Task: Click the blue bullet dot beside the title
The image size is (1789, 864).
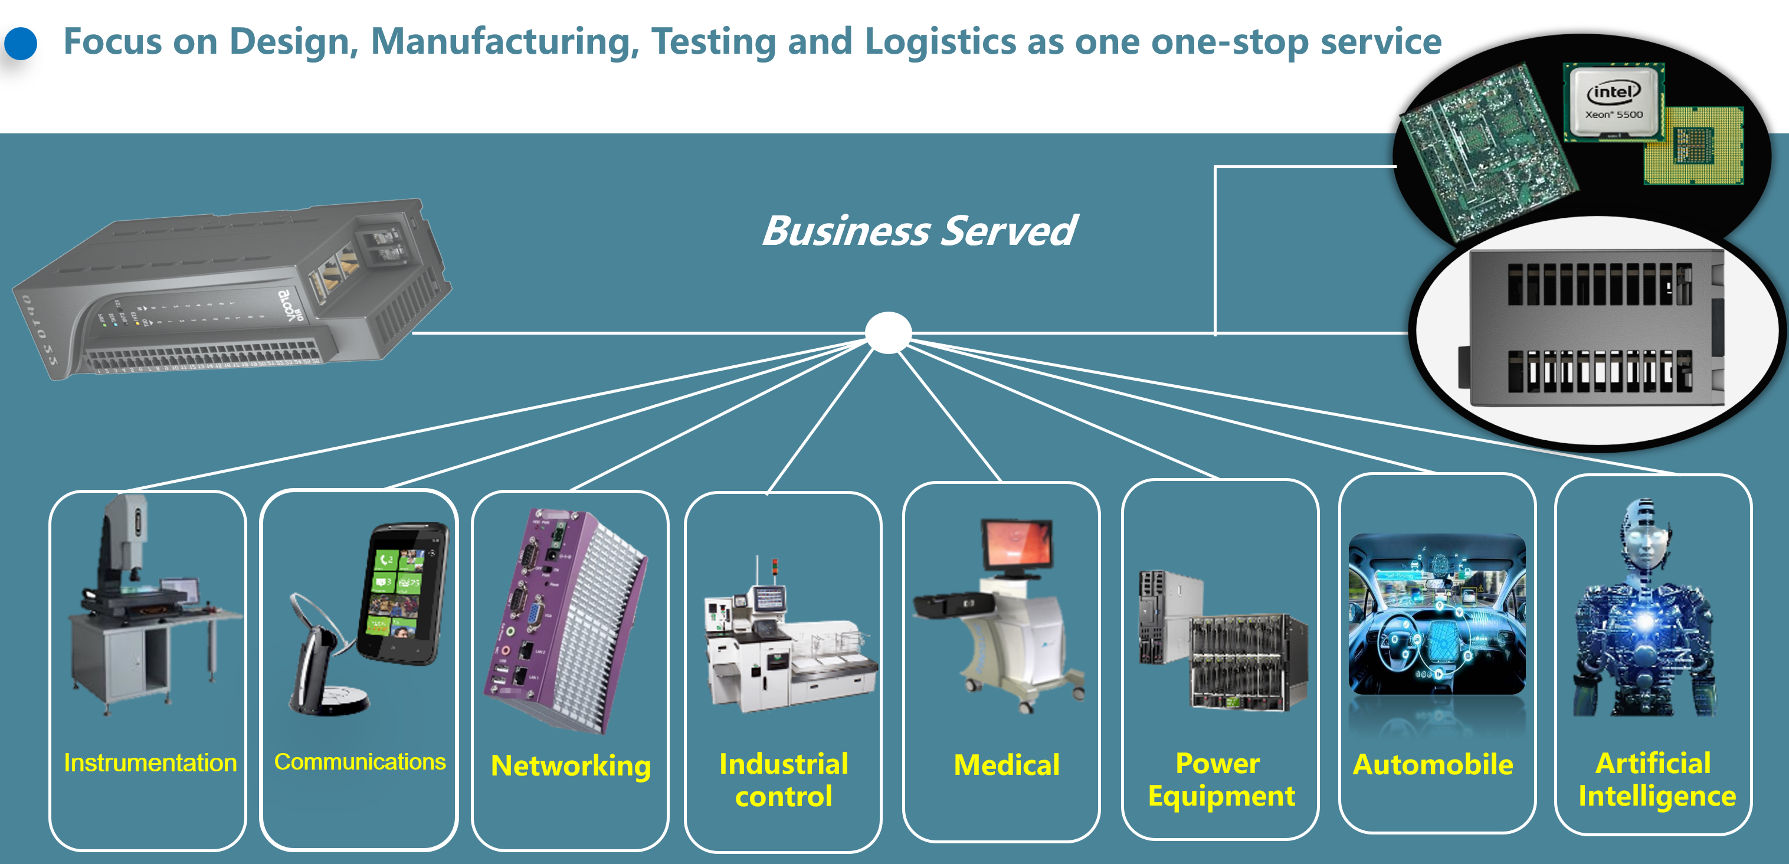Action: pos(21,43)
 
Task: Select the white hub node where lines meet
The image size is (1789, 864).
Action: pos(888,333)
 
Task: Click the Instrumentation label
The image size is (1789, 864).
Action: pos(150,762)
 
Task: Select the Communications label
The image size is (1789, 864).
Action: pos(360,762)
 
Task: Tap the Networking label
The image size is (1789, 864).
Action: pos(571,765)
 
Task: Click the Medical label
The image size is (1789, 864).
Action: pos(1007,765)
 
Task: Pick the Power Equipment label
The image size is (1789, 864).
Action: pos(1221,779)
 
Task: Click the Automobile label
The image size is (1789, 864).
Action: pos(1433,764)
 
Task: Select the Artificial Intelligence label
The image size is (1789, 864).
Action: pos(1656,779)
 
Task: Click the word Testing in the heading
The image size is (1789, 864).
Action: pos(713,42)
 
